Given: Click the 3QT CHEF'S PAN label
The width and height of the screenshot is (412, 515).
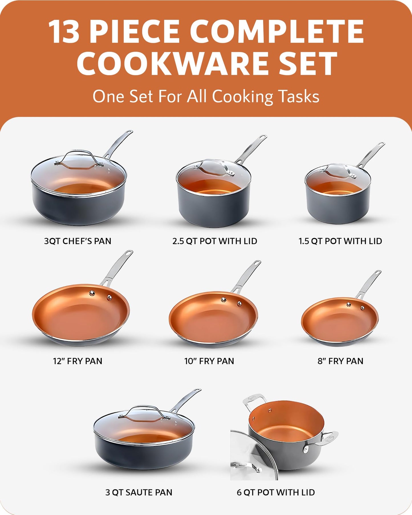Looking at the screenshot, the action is [x=78, y=241].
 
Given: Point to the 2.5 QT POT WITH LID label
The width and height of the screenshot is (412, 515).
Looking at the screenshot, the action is [x=215, y=241].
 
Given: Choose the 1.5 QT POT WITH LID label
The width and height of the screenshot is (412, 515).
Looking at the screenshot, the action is [x=340, y=241].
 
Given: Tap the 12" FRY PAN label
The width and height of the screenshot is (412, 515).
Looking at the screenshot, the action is [x=78, y=361].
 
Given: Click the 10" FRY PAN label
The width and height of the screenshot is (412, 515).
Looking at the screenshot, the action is [x=209, y=361].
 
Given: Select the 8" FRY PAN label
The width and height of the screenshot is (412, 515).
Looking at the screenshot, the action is [x=340, y=361].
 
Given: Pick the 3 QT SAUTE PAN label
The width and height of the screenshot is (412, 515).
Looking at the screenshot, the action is [x=139, y=492].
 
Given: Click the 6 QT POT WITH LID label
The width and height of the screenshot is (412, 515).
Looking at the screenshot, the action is [x=276, y=492].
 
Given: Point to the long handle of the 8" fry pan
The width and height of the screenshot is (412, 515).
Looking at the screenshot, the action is [x=369, y=284].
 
